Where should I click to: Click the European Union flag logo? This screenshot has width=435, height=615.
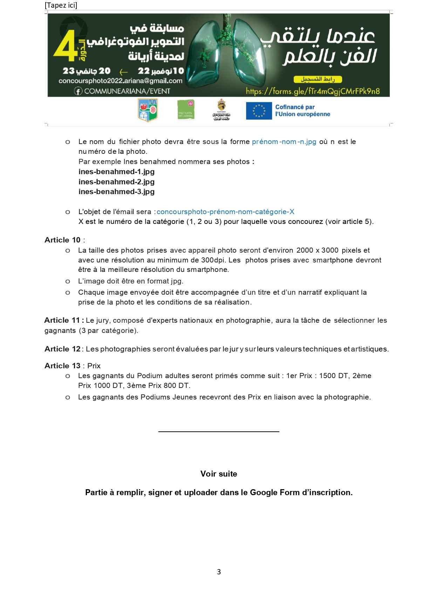259,111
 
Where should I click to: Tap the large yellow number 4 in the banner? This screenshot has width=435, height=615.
66,46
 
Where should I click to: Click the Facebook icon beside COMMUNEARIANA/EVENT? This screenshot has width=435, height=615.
78,91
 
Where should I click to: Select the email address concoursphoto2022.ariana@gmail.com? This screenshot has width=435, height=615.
121,81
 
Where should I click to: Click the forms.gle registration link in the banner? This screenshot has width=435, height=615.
313,91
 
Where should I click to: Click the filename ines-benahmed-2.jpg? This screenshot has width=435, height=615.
116,182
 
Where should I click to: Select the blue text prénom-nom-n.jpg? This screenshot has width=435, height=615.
284,142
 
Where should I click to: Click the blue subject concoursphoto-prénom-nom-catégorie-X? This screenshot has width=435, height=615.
225,212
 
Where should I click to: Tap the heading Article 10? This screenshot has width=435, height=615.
62,240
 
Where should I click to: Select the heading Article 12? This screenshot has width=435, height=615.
62,349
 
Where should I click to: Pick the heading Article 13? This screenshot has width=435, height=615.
62,366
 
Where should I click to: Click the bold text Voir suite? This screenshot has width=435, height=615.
219,474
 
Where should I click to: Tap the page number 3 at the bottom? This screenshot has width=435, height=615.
219,572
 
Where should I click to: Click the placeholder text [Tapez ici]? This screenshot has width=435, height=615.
61,5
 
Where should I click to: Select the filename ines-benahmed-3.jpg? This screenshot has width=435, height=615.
116,192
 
